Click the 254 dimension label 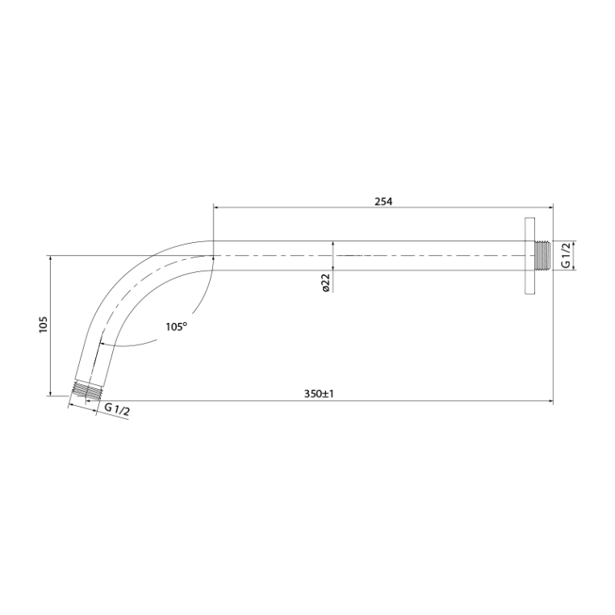tap(383, 202)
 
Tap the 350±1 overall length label tap(319, 394)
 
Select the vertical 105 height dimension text tap(43, 324)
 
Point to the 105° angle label tap(177, 326)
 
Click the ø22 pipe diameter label tap(325, 282)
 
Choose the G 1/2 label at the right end tap(565, 255)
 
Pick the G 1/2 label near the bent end tap(117, 409)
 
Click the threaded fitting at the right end tap(542, 255)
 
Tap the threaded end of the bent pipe tap(86, 391)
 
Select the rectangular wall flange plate tap(529, 255)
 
